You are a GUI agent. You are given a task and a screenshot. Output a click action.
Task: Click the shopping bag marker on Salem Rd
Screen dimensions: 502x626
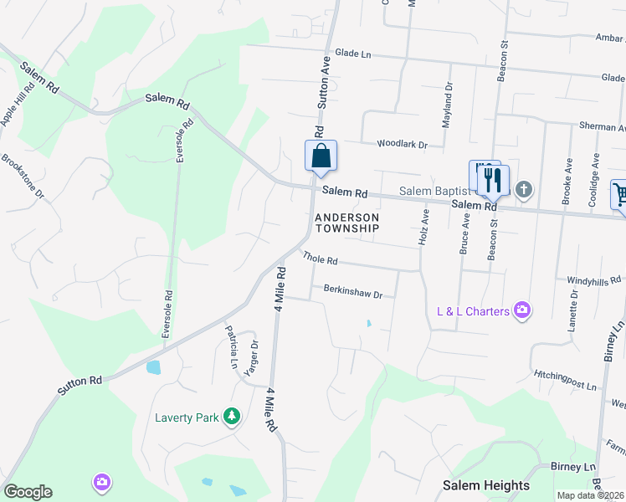click(321, 156)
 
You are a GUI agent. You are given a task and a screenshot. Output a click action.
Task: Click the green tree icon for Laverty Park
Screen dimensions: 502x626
click(233, 416)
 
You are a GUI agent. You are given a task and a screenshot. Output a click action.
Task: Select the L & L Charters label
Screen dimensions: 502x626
click(473, 311)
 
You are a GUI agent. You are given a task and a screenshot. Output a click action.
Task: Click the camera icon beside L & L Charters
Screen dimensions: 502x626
click(523, 311)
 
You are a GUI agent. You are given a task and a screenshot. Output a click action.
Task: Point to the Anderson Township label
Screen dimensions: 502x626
click(346, 222)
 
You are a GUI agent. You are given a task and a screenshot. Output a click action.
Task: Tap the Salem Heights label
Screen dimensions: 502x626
click(486, 485)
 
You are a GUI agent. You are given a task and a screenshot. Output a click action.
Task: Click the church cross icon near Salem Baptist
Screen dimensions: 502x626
click(524, 190)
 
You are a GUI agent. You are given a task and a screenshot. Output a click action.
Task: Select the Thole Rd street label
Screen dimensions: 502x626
click(320, 260)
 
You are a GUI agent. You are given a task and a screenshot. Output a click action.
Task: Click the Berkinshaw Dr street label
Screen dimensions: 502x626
click(352, 294)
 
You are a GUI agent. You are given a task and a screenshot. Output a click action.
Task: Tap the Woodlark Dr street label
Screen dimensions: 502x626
click(402, 145)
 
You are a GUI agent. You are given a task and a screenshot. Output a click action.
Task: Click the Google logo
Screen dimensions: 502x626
click(28, 492)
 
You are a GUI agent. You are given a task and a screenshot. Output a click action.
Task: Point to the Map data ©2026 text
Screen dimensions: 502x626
click(591, 495)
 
